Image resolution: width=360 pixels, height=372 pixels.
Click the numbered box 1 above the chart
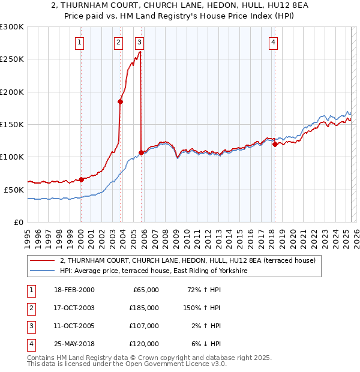click(x=80, y=42)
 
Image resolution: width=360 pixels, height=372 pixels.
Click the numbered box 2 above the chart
click(x=119, y=42)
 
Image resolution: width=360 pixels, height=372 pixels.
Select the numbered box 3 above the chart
click(x=139, y=42)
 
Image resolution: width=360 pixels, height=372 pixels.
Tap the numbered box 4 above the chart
click(x=273, y=42)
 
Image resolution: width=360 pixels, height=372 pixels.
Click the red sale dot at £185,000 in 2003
click(x=121, y=101)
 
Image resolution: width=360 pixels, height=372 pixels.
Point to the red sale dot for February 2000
click(x=81, y=179)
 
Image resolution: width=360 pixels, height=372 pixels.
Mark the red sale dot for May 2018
click(x=275, y=144)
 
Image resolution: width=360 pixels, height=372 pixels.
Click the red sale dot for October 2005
click(x=142, y=152)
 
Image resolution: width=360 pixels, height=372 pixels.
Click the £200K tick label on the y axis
click(x=11, y=92)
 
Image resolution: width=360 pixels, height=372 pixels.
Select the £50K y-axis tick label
click(x=13, y=190)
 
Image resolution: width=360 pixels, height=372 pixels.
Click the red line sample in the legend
click(x=43, y=260)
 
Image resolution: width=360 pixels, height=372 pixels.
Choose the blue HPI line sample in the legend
click(x=43, y=271)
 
